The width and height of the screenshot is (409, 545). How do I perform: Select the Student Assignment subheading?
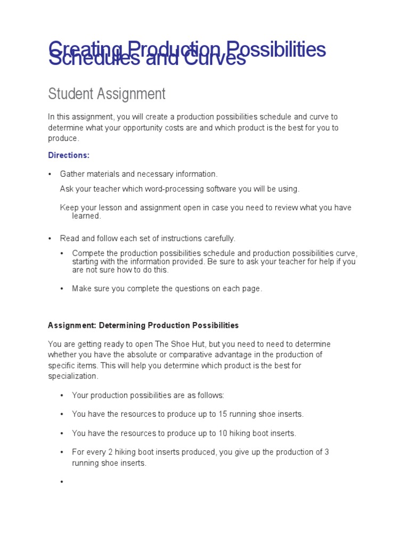point(107,94)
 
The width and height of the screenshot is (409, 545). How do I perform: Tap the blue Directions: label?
point(69,155)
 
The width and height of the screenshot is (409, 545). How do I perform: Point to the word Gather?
point(72,174)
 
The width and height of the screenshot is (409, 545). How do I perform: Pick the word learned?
point(86,216)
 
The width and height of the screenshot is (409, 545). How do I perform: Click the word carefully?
point(218,238)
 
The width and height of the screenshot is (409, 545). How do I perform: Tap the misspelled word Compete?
point(87,253)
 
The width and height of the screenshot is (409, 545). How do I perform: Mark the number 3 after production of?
point(326,452)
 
